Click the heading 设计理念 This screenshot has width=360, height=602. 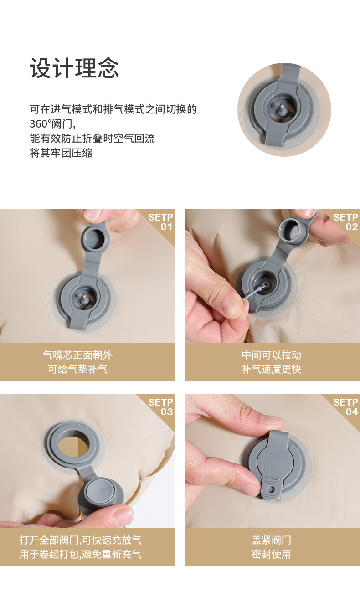[x=74, y=68]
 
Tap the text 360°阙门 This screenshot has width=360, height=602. [x=53, y=124]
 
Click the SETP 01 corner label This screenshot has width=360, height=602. [x=161, y=222]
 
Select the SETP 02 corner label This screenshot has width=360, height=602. [x=345, y=222]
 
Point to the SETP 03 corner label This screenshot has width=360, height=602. [x=161, y=407]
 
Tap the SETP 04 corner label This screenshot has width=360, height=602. [x=345, y=407]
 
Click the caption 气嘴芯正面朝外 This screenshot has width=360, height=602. [x=77, y=355]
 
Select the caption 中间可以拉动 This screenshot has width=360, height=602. [x=271, y=355]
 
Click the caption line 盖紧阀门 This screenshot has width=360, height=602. [x=271, y=540]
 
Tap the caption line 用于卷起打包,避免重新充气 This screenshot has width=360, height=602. [x=80, y=554]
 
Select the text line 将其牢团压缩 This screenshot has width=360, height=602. [x=61, y=153]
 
